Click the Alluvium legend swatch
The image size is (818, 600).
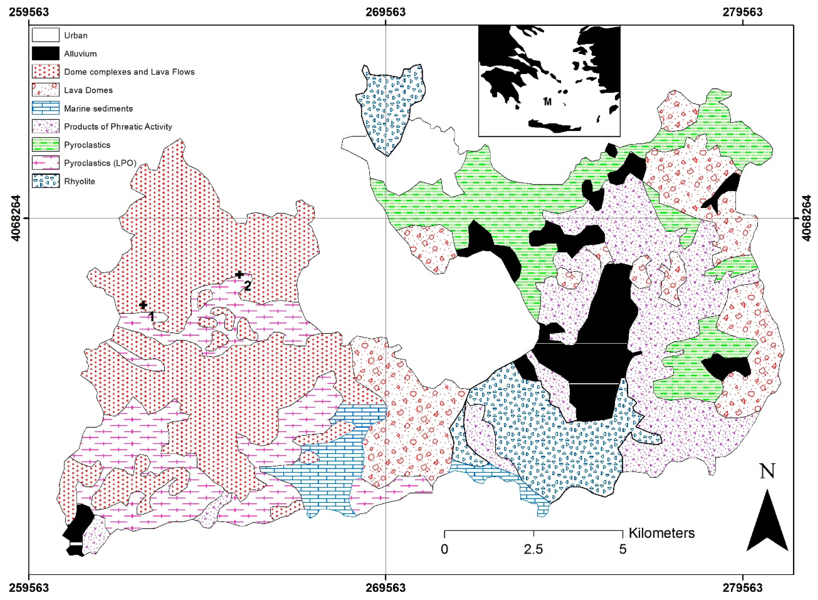(46, 53)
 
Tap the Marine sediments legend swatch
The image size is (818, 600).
(46, 108)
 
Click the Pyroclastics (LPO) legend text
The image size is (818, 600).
(100, 163)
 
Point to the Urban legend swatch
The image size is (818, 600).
(46, 35)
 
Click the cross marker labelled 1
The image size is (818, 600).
(143, 305)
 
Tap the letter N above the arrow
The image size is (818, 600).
(767, 471)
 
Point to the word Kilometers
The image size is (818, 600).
(661, 533)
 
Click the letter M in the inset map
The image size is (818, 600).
(548, 102)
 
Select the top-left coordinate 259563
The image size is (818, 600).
(29, 12)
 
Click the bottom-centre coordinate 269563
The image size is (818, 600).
(386, 588)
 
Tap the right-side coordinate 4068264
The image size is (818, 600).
(806, 218)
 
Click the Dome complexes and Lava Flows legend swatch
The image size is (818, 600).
(46, 71)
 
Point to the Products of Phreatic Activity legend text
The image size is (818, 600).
(118, 127)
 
